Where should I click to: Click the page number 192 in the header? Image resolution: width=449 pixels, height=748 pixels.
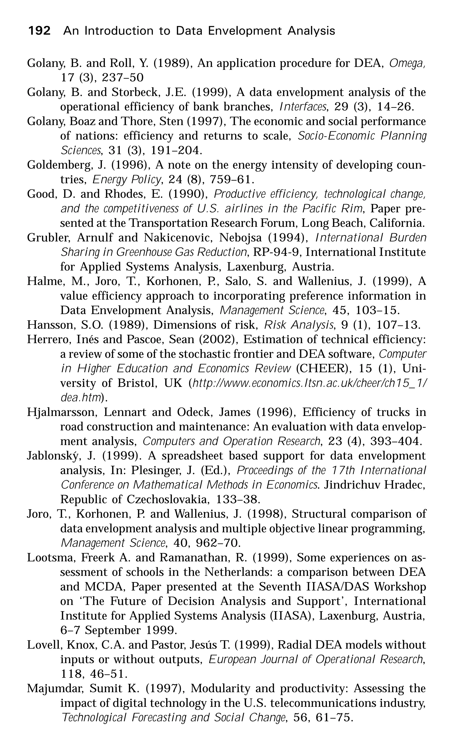[x=39, y=31]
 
